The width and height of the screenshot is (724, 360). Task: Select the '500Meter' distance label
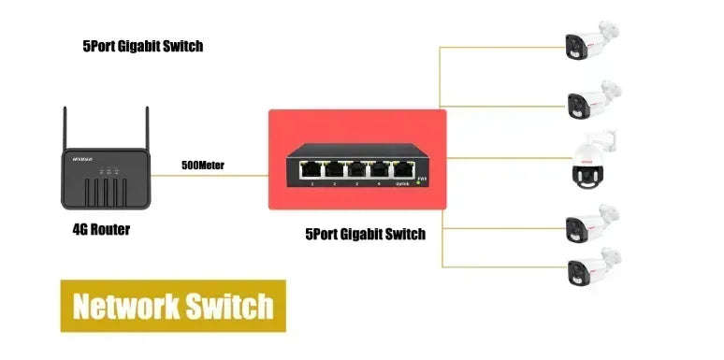pyautogui.click(x=203, y=166)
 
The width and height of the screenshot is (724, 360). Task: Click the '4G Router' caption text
pyautogui.click(x=101, y=229)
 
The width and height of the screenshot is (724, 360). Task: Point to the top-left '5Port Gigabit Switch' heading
pyautogui.click(x=142, y=45)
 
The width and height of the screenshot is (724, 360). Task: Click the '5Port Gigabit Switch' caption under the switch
pyautogui.click(x=366, y=235)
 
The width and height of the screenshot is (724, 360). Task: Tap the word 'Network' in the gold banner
pyautogui.click(x=126, y=306)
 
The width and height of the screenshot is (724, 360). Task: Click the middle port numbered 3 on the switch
pyautogui.click(x=355, y=170)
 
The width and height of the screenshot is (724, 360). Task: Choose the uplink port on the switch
pyautogui.click(x=403, y=170)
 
